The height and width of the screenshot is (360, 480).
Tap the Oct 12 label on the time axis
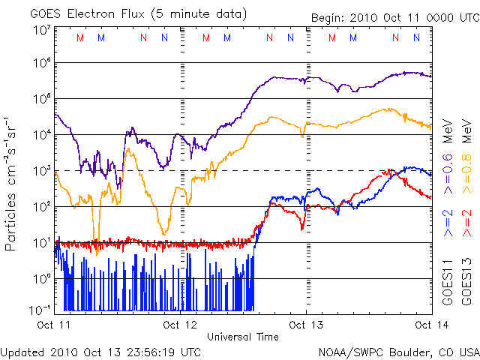pyautogui.click(x=180, y=325)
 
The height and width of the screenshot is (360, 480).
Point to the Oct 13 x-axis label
pyautogui.click(x=305, y=325)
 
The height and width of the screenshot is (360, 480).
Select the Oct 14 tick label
pyautogui.click(x=430, y=325)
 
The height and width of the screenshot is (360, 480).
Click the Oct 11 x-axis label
pyautogui.click(x=55, y=325)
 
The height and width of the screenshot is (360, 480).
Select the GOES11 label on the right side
pyautogui.click(x=448, y=281)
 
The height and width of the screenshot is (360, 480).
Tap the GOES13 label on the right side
pyautogui.click(x=465, y=281)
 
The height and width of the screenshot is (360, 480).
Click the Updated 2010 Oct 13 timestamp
pyautogui.click(x=101, y=351)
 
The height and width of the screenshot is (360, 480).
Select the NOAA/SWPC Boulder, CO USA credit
pyautogui.click(x=398, y=351)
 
